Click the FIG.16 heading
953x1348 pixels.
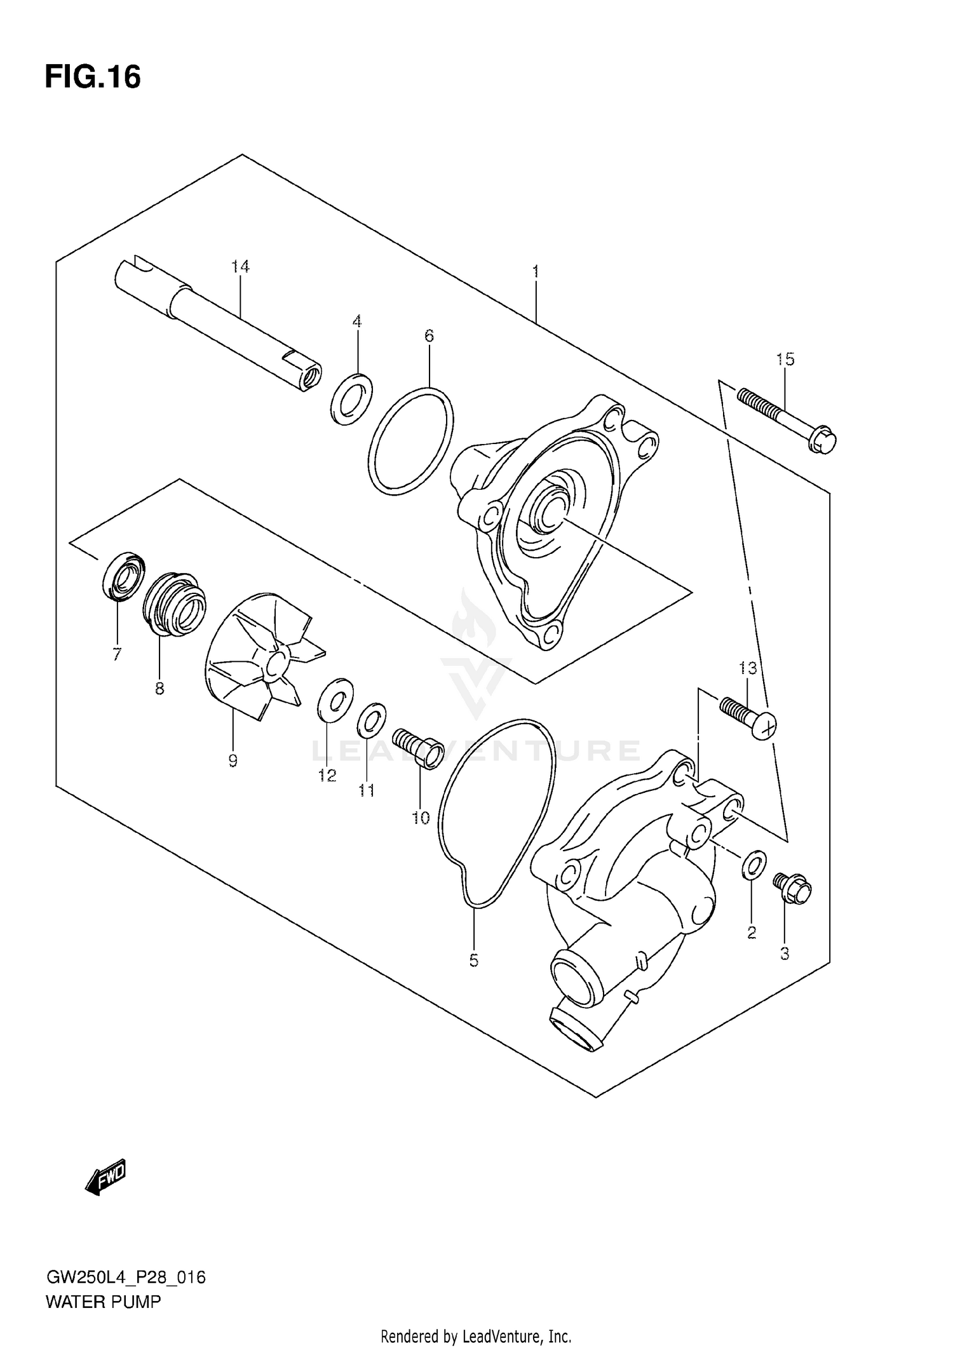93,77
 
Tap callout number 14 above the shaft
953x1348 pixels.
240,267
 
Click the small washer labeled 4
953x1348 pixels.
351,400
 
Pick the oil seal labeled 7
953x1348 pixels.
123,576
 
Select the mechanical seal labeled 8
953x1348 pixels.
174,603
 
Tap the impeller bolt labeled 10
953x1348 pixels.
418,748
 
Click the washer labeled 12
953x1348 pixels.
335,701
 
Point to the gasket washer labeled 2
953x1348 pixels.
754,865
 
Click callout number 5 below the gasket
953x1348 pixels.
474,960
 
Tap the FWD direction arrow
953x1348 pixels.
106,1176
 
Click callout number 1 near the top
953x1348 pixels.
536,272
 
